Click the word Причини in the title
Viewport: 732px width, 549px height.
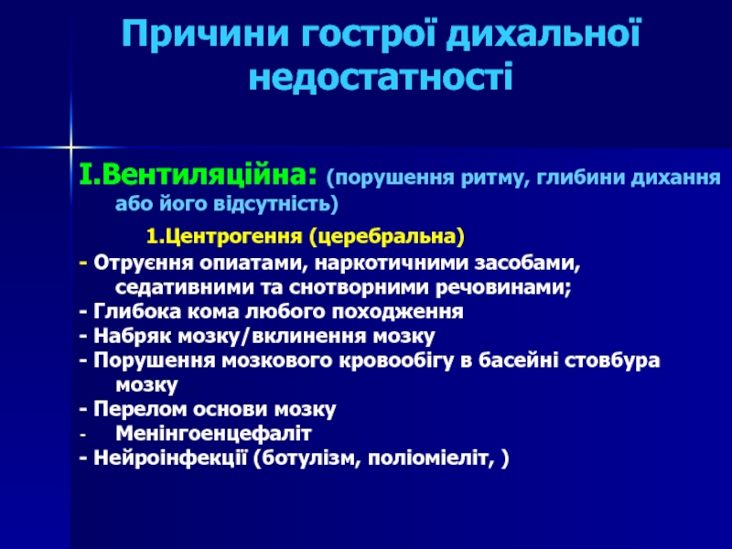pyautogui.click(x=206, y=34)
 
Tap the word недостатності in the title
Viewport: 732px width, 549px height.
pyautogui.click(x=381, y=75)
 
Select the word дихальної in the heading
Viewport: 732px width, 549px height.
pyautogui.click(x=544, y=36)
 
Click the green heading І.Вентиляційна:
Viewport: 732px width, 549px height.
pyautogui.click(x=198, y=175)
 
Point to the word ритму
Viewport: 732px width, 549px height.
pyautogui.click(x=495, y=178)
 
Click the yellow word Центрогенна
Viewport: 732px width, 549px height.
pyautogui.click(x=232, y=236)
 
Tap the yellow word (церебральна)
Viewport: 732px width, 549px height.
pyautogui.click(x=386, y=236)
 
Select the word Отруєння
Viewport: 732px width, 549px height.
pyautogui.click(x=143, y=264)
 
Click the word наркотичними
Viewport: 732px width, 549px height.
pyautogui.click(x=391, y=263)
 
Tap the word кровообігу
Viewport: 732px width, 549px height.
pyautogui.click(x=396, y=361)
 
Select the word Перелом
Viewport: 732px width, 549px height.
pyautogui.click(x=140, y=409)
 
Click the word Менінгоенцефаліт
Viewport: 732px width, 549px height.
pyautogui.click(x=213, y=434)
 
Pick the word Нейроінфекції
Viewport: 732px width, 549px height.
pyautogui.click(x=170, y=458)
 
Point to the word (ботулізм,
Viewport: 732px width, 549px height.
pyautogui.click(x=307, y=458)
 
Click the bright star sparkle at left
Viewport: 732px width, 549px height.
pyautogui.click(x=70, y=147)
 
